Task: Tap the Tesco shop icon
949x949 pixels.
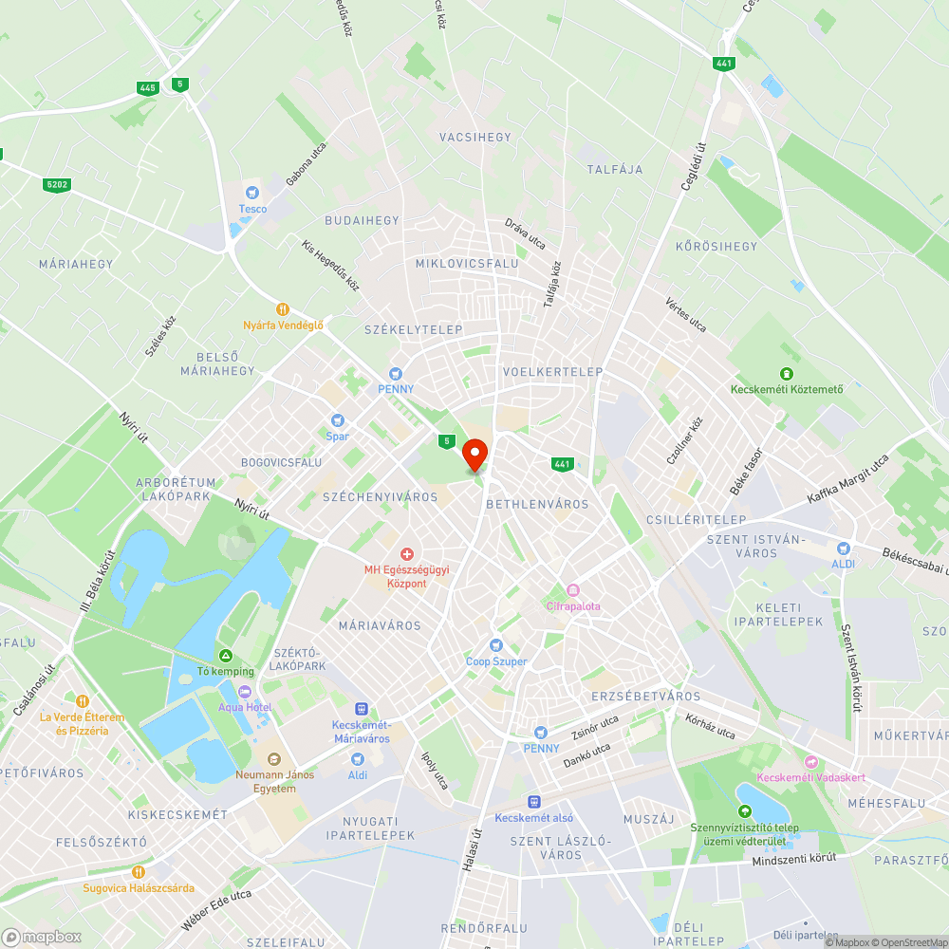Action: [x=252, y=193]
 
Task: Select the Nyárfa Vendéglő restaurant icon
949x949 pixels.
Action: [x=282, y=309]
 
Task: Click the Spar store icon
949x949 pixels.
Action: [x=336, y=420]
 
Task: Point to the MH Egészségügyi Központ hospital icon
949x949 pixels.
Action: [x=407, y=553]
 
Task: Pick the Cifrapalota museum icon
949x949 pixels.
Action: [x=572, y=590]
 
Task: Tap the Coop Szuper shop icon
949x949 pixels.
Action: [x=495, y=645]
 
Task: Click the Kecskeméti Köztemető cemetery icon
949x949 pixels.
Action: [x=787, y=374]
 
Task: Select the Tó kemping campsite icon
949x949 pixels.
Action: [x=226, y=656]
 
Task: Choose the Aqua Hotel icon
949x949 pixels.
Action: [x=245, y=692]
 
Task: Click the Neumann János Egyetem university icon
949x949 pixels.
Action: [x=274, y=758]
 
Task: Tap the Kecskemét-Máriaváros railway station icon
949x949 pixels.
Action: [x=361, y=708]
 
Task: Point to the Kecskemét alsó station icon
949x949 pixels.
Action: [x=534, y=802]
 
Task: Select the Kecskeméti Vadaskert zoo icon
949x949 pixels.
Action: [x=810, y=762]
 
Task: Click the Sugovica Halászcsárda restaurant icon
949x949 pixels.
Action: [x=139, y=872]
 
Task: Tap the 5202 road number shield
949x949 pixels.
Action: [x=56, y=184]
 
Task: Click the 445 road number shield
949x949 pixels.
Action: [x=147, y=88]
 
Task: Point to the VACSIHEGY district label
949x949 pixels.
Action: [x=475, y=138]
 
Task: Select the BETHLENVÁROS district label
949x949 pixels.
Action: [x=537, y=505]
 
